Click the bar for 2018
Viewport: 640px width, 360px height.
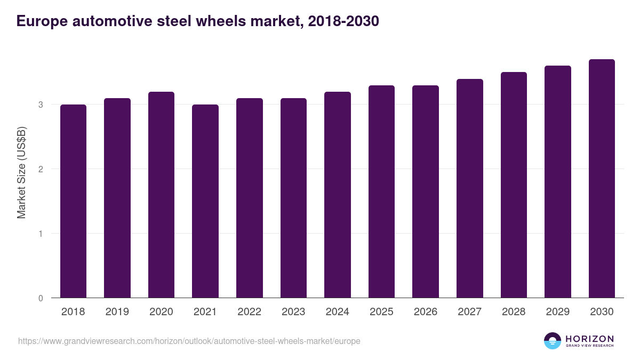click(x=73, y=201)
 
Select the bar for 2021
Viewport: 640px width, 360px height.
click(x=205, y=201)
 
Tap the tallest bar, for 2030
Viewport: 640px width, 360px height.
click(x=602, y=179)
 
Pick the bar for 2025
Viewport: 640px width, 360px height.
click(x=381, y=191)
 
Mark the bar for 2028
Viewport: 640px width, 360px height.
click(x=514, y=185)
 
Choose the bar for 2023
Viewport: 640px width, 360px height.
click(x=293, y=198)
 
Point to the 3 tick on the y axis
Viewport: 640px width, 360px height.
click(x=41, y=105)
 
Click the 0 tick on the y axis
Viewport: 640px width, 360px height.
click(x=41, y=298)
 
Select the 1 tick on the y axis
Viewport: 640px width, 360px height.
click(x=41, y=234)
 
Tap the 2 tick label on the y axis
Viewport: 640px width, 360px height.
click(x=41, y=169)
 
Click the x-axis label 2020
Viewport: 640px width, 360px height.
click(x=161, y=312)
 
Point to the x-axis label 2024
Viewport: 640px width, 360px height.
click(x=337, y=312)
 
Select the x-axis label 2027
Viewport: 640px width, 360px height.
click(x=469, y=312)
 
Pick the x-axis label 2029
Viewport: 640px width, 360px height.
click(x=557, y=312)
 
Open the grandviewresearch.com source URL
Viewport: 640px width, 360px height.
click(x=189, y=341)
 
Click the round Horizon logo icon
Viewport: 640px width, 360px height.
click(x=553, y=341)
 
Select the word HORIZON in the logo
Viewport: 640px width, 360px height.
click(x=589, y=338)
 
